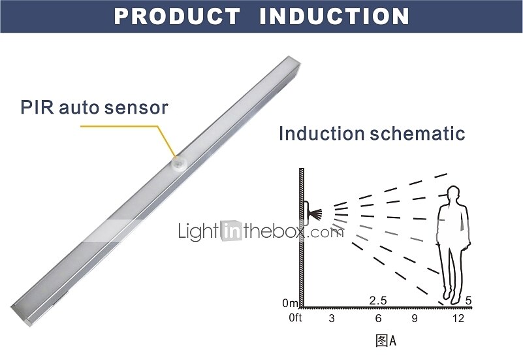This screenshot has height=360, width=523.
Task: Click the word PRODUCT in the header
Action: (x=177, y=16)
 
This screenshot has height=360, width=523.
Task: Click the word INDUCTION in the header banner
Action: (x=334, y=16)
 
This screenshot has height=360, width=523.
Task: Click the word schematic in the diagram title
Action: (x=417, y=133)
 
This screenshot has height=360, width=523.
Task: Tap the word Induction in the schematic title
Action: (x=321, y=133)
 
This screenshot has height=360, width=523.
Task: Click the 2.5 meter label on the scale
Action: (x=378, y=301)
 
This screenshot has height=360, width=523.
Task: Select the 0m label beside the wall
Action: (x=290, y=303)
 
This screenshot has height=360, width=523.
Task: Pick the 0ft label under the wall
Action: (x=295, y=318)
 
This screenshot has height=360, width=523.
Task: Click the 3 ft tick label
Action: (x=331, y=318)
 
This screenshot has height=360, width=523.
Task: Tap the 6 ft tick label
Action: (x=378, y=318)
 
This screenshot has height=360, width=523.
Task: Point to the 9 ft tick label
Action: (x=415, y=318)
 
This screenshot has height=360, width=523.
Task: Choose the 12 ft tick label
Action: (x=458, y=318)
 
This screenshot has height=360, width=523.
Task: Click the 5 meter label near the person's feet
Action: (x=468, y=301)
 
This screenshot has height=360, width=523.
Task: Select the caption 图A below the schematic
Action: (x=386, y=340)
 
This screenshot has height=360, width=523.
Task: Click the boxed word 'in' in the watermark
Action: (x=231, y=231)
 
